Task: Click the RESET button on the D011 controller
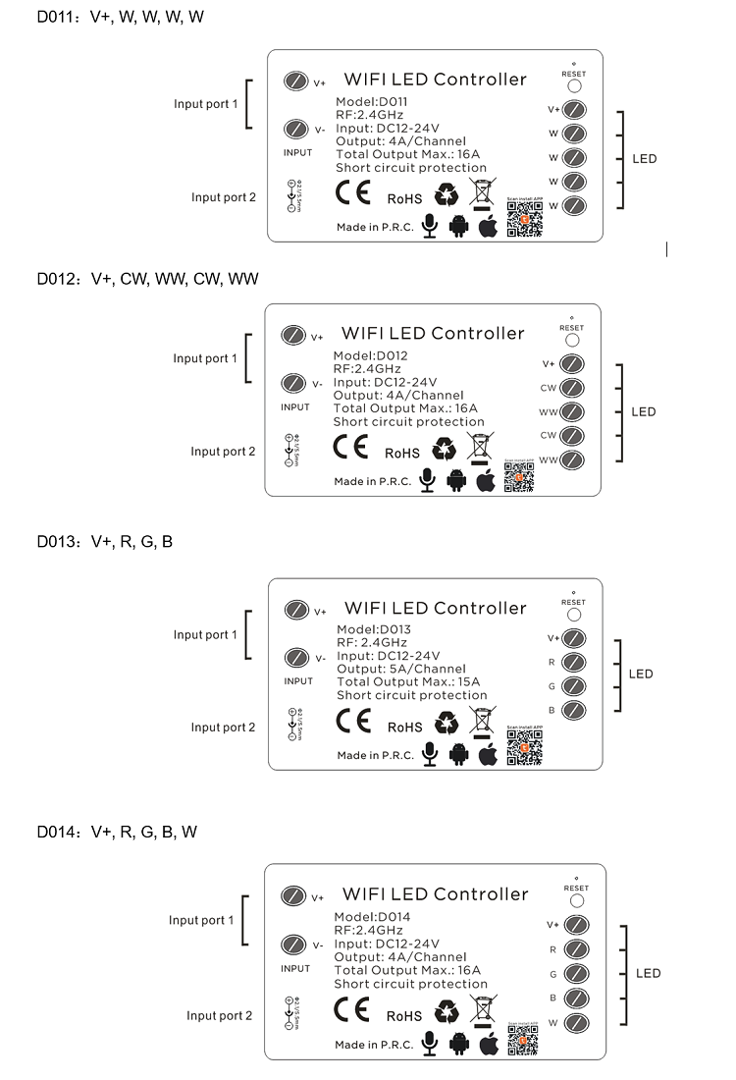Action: [574, 85]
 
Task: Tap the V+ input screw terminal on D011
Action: [295, 81]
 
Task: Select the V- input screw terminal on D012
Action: [292, 384]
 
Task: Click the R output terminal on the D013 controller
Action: [574, 662]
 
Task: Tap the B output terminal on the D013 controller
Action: [574, 710]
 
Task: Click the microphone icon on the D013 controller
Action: [429, 754]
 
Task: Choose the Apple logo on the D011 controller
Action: [488, 227]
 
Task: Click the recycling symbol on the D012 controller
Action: [445, 449]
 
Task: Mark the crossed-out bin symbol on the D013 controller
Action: [480, 723]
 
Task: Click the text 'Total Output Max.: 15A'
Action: [408, 682]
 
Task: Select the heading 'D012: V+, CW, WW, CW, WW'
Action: [148, 279]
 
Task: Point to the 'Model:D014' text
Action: [372, 917]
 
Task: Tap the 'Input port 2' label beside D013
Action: [223, 728]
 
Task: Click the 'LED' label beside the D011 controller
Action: [645, 159]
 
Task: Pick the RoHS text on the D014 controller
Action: [404, 1016]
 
